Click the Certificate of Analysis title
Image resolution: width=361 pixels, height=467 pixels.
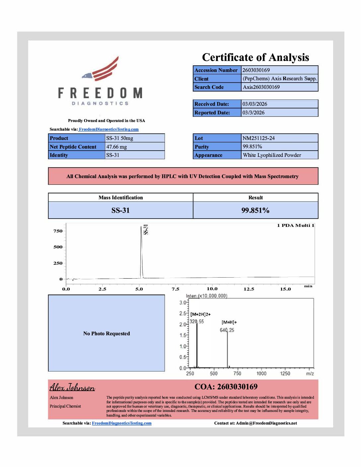click(x=255, y=57)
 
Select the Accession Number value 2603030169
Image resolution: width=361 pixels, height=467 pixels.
click(x=256, y=70)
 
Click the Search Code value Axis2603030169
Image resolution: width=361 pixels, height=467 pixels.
click(x=261, y=87)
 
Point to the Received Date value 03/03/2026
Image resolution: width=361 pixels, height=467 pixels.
click(x=254, y=104)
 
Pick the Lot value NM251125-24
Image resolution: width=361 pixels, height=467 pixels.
click(x=258, y=138)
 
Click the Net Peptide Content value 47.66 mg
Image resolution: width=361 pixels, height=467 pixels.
click(x=116, y=147)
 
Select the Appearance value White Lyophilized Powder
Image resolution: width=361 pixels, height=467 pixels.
click(x=272, y=155)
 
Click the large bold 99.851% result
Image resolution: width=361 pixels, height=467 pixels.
click(x=255, y=211)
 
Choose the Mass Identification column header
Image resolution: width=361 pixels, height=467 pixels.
click(x=120, y=198)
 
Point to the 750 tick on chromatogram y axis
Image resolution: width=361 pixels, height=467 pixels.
click(x=58, y=231)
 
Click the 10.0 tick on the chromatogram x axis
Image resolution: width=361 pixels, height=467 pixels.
click(x=212, y=289)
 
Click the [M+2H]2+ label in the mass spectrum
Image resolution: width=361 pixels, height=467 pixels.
click(x=200, y=314)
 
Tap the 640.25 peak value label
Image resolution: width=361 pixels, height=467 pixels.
click(x=227, y=330)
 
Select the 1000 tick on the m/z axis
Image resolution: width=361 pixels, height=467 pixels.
click(x=261, y=373)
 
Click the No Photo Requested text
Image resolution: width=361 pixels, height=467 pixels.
click(x=107, y=334)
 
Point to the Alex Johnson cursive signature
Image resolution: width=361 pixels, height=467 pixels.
click(x=72, y=387)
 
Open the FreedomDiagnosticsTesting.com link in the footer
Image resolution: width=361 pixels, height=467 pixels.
click(x=121, y=423)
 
